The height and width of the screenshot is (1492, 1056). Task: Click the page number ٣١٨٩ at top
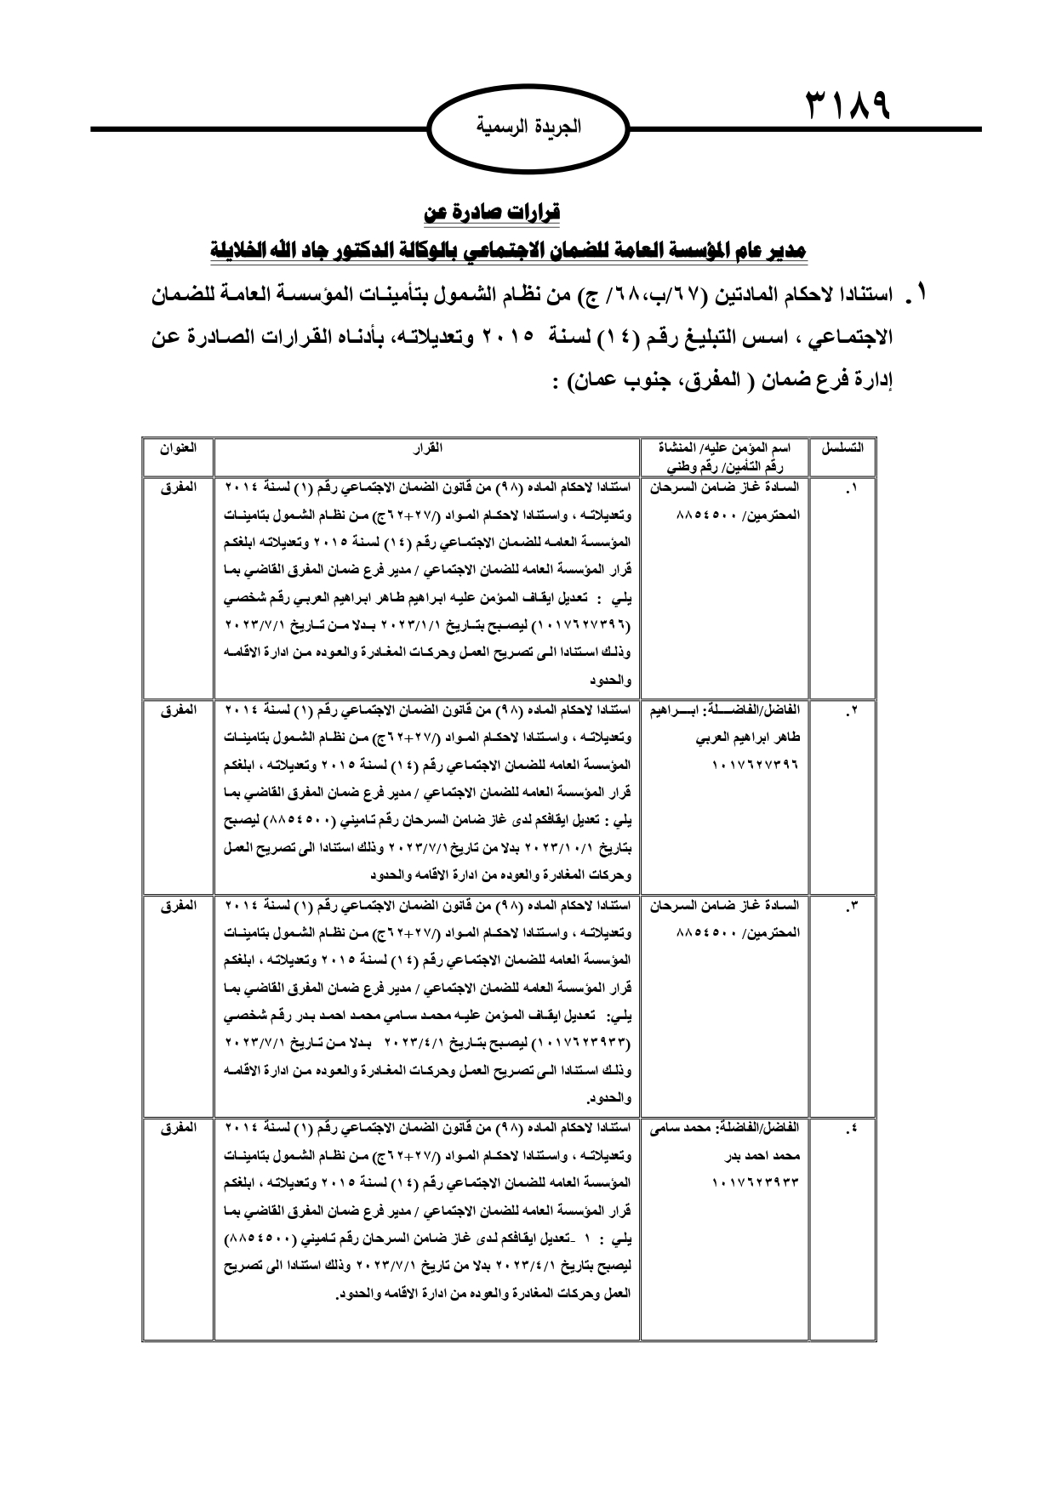(x=848, y=107)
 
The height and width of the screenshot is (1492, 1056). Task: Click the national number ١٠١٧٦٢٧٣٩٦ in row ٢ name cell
(x=756, y=765)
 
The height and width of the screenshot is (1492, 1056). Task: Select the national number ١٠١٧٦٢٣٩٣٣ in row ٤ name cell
(x=756, y=1182)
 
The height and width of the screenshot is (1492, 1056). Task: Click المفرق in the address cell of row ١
(x=178, y=488)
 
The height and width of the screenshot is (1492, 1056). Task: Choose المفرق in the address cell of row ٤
(x=178, y=1127)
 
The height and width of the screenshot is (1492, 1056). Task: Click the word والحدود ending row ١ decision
(x=611, y=681)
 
